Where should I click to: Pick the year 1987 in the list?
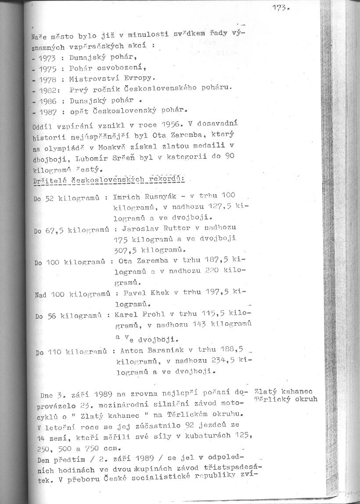[x=48, y=113]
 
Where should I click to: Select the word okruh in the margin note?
[x=307, y=400]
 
